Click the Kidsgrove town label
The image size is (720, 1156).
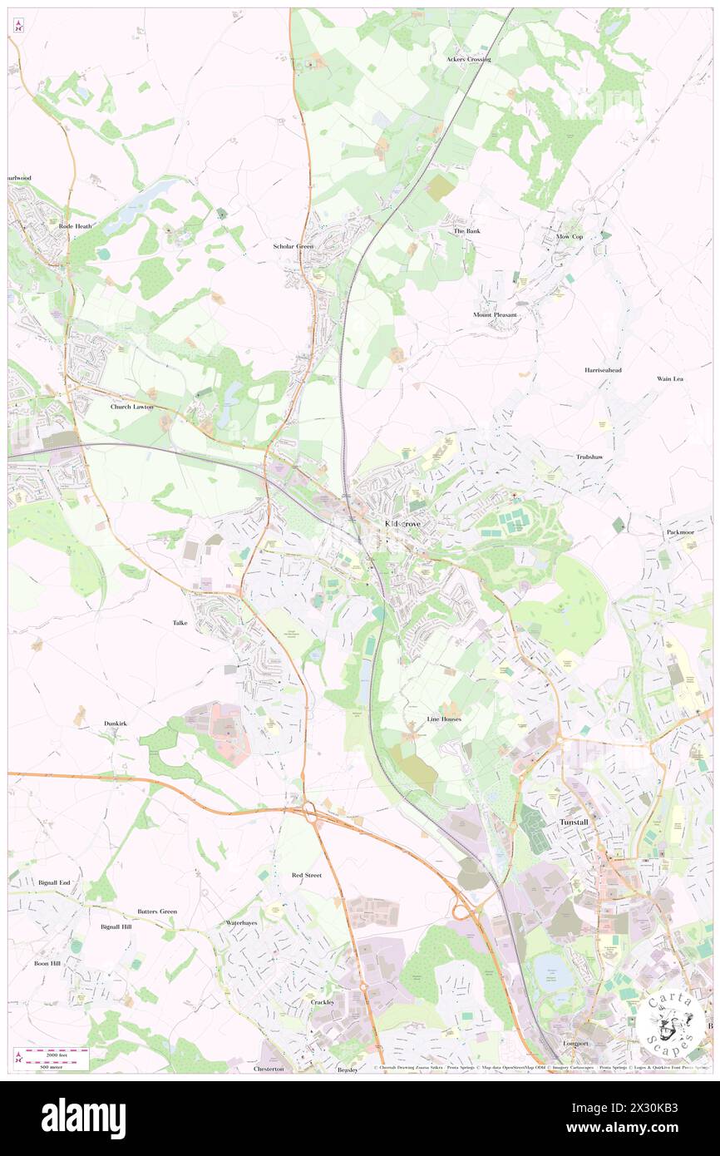[x=402, y=523]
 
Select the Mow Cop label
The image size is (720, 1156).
[x=570, y=237]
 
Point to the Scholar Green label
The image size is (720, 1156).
[x=294, y=246]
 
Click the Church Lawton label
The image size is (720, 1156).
[x=131, y=407]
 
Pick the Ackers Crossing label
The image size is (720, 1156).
[x=468, y=59]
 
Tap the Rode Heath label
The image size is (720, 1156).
[x=76, y=225]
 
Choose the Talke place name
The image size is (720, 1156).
[x=180, y=622]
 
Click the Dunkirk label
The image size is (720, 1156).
[x=116, y=724]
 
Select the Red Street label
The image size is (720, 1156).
[x=306, y=875]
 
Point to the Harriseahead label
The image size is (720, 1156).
[x=603, y=369]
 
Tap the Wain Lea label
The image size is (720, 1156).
[x=669, y=378]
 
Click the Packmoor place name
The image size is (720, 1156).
[x=679, y=531]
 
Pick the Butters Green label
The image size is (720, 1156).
[x=157, y=911]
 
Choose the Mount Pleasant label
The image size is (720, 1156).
[x=495, y=315]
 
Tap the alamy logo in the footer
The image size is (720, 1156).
[x=83, y=1119]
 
